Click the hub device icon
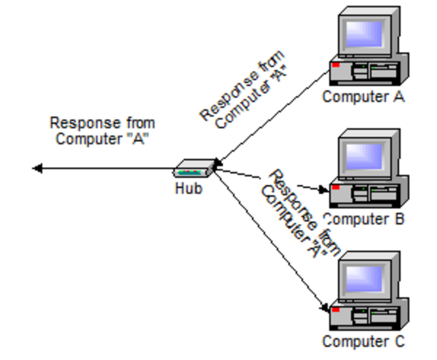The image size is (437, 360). click(194, 170)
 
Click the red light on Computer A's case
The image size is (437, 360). click(336, 65)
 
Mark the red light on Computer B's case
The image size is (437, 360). click(336, 187)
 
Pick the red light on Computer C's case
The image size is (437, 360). click(336, 309)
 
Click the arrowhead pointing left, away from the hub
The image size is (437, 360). click(37, 169)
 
